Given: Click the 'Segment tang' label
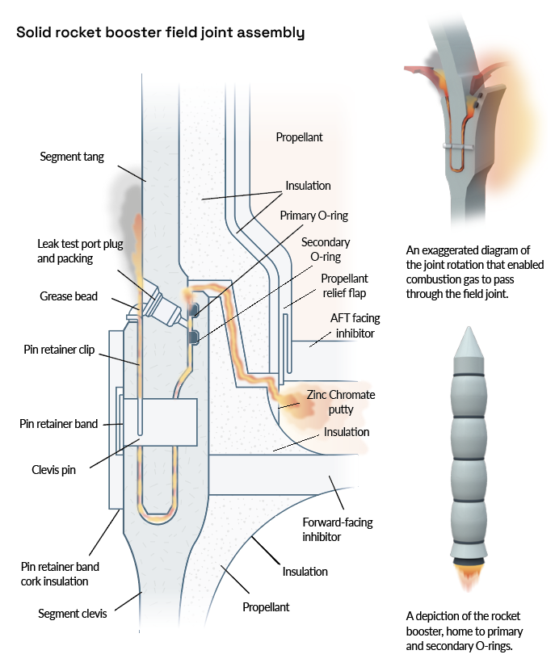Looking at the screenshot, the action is pyautogui.click(x=72, y=157).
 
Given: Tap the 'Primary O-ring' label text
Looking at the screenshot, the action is pyautogui.click(x=313, y=216).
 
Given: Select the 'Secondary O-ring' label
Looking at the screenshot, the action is pyautogui.click(x=326, y=250).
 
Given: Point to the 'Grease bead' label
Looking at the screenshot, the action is pyautogui.click(x=69, y=296).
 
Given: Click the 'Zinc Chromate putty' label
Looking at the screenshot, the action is pyautogui.click(x=341, y=402).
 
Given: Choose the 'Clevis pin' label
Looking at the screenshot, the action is pyautogui.click(x=53, y=470).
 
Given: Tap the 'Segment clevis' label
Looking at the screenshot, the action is pyautogui.click(x=73, y=614).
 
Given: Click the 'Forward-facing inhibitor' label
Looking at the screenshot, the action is pyautogui.click(x=338, y=529).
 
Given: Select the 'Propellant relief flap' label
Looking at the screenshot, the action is pyautogui.click(x=344, y=285).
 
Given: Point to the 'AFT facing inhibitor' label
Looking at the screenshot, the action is pyautogui.click(x=355, y=325).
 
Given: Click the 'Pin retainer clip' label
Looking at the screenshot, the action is pyautogui.click(x=59, y=350).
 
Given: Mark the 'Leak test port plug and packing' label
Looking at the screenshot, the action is pyautogui.click(x=80, y=251).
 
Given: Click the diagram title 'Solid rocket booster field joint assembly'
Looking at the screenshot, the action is pyautogui.click(x=161, y=33).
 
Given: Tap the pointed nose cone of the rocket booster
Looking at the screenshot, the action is pyautogui.click(x=469, y=342).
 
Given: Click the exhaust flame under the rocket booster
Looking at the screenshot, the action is pyautogui.click(x=469, y=577).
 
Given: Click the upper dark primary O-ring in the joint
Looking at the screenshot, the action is pyautogui.click(x=193, y=309).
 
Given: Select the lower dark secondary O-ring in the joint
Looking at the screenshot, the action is pyautogui.click(x=193, y=337).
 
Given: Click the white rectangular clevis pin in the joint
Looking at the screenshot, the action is pyautogui.click(x=160, y=422).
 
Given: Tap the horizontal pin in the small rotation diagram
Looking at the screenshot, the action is pyautogui.click(x=457, y=146).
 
